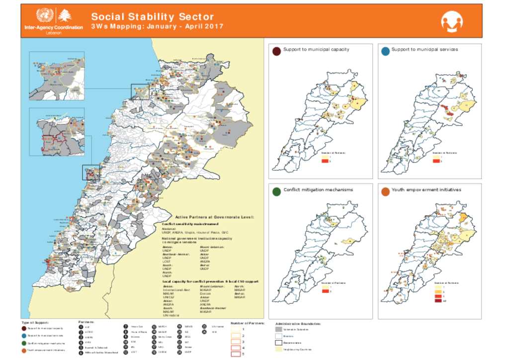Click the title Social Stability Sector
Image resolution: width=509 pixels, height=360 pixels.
click(152, 16)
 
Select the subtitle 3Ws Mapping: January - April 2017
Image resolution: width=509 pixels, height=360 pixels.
click(157, 26)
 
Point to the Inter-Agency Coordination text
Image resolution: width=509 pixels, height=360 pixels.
click(54, 27)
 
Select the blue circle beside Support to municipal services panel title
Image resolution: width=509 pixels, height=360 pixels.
click(385, 51)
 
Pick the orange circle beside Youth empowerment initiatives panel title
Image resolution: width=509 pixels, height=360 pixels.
click(385, 191)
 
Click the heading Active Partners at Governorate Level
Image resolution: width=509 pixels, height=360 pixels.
click(214, 217)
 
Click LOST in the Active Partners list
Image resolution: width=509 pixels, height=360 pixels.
click(167, 262)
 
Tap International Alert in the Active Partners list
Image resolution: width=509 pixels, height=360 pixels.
click(176, 289)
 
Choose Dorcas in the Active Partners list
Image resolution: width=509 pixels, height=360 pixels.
click(206, 293)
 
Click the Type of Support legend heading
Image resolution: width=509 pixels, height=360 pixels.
click(35, 323)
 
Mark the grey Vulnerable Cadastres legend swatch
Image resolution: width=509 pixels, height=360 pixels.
click(278, 329)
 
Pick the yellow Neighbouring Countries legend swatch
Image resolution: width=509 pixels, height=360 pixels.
click(278, 350)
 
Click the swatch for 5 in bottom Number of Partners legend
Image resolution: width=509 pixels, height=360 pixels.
click(236, 354)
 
